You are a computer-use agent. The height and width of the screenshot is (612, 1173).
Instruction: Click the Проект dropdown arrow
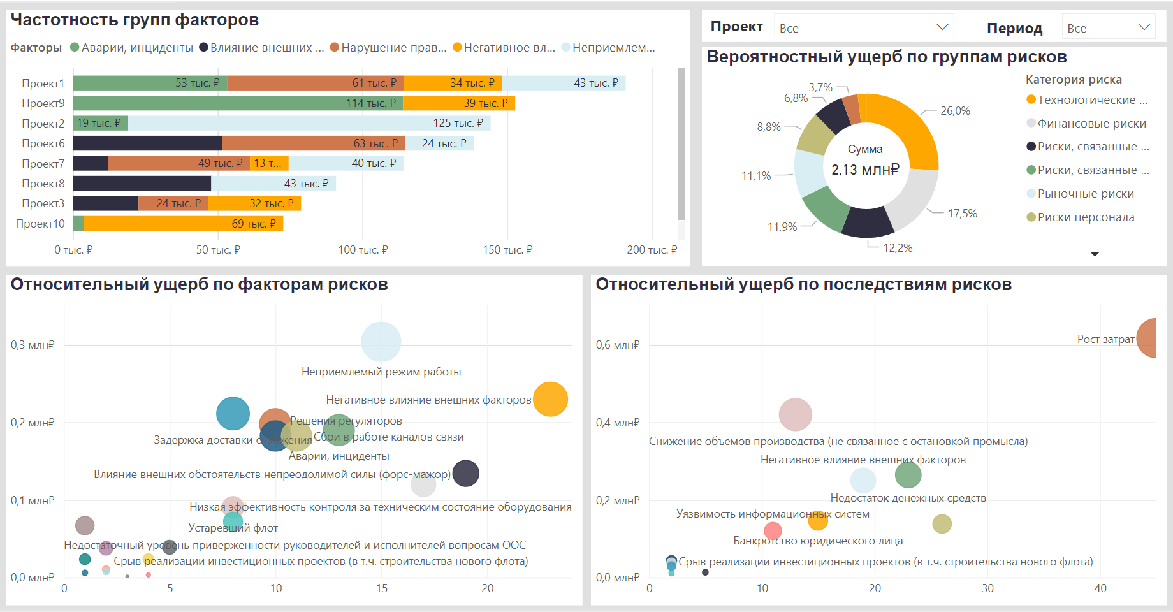(x=942, y=27)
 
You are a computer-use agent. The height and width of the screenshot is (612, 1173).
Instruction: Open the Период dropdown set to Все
(x=1109, y=27)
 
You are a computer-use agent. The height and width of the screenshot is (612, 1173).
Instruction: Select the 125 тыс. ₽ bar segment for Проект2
(x=309, y=123)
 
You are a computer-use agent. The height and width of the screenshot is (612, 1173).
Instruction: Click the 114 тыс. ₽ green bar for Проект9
(x=238, y=103)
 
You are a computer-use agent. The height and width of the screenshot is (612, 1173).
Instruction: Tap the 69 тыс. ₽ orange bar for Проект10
(x=183, y=224)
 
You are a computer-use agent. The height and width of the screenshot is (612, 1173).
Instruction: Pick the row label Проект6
(x=43, y=143)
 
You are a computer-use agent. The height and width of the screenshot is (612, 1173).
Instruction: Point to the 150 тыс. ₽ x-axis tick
(x=507, y=250)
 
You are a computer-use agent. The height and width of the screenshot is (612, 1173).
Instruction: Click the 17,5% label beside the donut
(x=962, y=214)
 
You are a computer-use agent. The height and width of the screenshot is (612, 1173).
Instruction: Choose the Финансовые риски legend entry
(x=1091, y=124)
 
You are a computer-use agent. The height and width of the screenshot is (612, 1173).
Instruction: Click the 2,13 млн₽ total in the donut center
(x=865, y=170)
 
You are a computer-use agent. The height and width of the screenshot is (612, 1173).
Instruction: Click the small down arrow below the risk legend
(x=1095, y=254)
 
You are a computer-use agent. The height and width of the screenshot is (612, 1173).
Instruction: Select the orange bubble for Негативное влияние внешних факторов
(x=550, y=400)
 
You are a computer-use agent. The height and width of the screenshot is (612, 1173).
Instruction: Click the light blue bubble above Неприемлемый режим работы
(x=381, y=342)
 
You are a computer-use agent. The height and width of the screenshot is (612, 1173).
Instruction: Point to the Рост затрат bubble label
(x=1105, y=339)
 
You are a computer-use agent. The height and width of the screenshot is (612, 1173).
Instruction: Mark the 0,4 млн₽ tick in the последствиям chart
(x=617, y=423)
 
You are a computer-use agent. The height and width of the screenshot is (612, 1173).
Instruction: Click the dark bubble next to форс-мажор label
(x=466, y=474)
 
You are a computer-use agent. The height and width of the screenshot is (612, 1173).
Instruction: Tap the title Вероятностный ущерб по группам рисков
(x=886, y=57)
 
